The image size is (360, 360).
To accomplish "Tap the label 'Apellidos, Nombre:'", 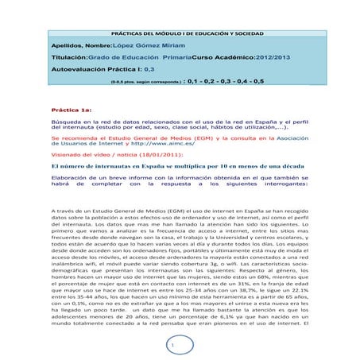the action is pyautogui.click(x=69, y=47).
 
